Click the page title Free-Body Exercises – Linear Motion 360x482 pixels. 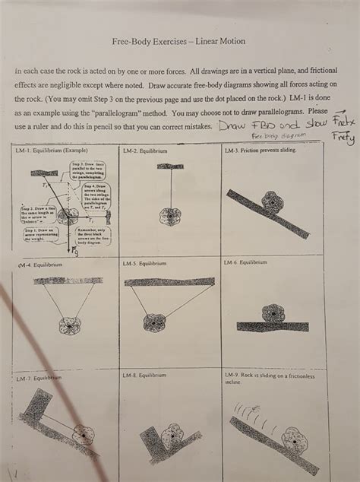tap(178, 41)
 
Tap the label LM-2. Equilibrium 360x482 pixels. tap(144, 151)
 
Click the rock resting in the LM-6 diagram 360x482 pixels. tap(271, 313)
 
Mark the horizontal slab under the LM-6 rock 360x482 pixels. tap(272, 327)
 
